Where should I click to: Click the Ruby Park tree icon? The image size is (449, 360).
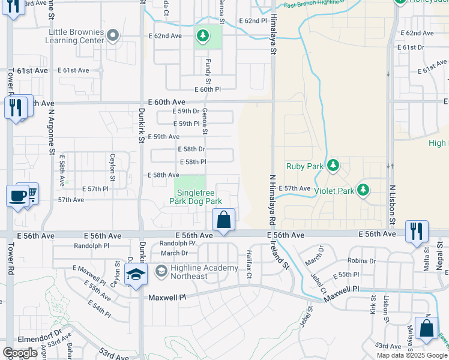click(334, 165)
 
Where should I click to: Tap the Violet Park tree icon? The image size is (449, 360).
click(363, 190)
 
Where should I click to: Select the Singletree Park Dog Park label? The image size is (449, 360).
click(199, 197)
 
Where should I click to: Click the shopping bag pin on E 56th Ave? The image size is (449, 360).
click(224, 220)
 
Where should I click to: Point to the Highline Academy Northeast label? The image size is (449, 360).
click(196, 272)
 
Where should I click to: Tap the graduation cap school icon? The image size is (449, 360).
click(136, 275)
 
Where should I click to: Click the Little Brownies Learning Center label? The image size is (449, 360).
click(76, 36)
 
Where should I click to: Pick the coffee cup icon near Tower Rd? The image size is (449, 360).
click(16, 195)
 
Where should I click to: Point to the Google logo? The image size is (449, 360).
click(20, 353)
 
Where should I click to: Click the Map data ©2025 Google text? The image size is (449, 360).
click(412, 355)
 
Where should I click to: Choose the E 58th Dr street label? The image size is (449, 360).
click(191, 149)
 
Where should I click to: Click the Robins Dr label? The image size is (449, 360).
click(361, 261)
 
